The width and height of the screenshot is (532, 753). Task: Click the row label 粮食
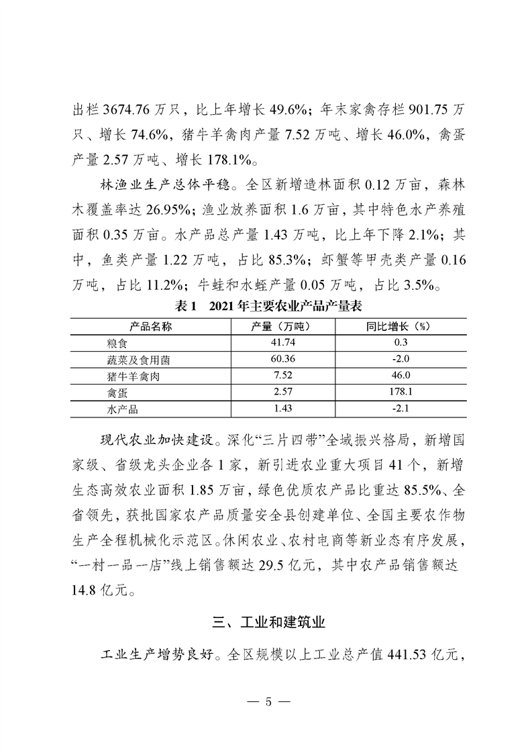[108, 342]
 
